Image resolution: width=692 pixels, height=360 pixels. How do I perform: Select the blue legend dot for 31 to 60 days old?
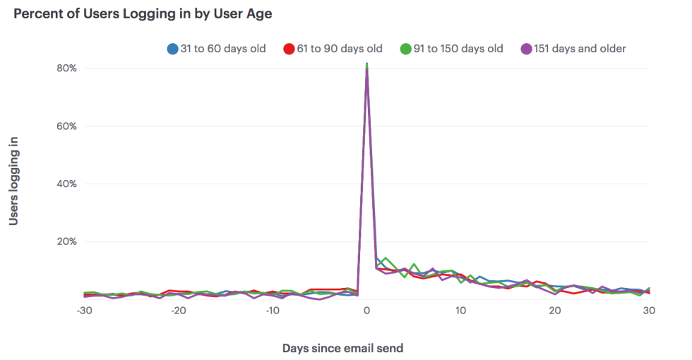coord(172,49)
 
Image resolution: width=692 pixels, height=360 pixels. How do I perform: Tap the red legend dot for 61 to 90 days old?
coord(289,49)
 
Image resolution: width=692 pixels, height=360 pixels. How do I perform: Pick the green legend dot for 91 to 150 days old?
coord(405,49)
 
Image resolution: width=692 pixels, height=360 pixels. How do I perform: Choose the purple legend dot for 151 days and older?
coord(526,49)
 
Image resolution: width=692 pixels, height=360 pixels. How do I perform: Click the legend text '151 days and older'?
coord(581,49)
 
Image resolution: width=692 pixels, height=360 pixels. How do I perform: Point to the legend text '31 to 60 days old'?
coord(224,49)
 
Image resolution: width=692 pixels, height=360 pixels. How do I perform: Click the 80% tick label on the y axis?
coord(66,68)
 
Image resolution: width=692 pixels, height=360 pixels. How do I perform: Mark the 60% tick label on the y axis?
coord(66,126)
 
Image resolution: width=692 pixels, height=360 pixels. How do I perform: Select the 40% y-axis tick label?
coord(66,184)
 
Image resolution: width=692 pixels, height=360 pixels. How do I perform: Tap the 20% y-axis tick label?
coord(66,241)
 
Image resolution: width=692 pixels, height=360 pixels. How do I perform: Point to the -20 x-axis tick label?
coord(179,311)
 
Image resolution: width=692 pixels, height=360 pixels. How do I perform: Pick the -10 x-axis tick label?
coord(273,311)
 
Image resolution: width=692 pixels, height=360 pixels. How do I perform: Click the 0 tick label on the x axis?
coord(366,311)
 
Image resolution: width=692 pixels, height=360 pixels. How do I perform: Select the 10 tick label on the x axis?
coord(460,311)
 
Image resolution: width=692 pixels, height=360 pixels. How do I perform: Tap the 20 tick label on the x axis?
coord(555,311)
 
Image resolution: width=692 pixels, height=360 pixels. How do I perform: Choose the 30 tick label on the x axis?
coord(649,311)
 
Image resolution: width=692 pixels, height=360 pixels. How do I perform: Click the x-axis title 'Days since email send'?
coord(342,348)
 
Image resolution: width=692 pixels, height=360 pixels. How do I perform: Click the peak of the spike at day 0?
coord(366,64)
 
